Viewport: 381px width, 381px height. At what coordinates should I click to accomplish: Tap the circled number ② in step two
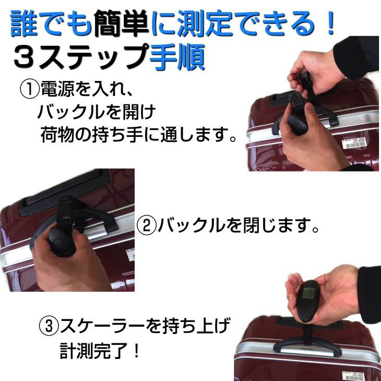[x=147, y=226]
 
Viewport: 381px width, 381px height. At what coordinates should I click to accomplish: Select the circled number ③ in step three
[x=49, y=327]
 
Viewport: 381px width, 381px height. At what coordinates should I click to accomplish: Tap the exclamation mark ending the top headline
[x=328, y=23]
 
